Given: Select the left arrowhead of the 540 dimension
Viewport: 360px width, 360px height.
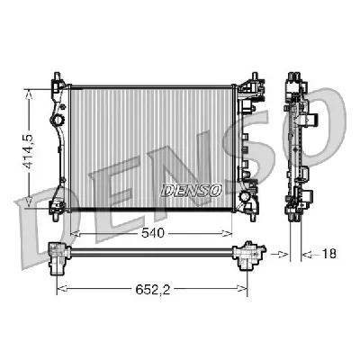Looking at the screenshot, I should pos(73,232).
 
